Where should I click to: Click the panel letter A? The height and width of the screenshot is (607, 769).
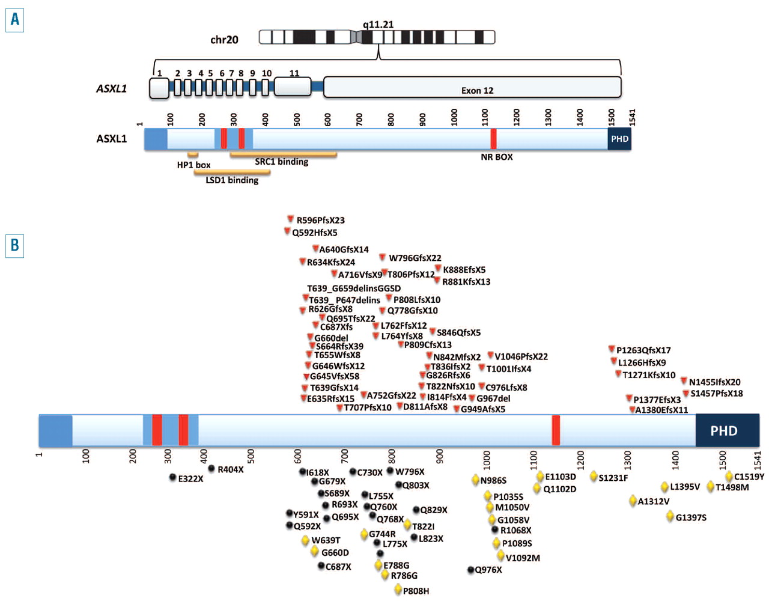point(14,20)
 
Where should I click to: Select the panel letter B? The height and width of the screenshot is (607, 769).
point(14,246)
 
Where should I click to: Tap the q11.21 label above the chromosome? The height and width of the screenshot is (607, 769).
point(378,25)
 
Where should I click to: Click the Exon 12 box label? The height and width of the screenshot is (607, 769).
point(477,91)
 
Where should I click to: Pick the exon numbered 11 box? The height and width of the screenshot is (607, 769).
point(293,87)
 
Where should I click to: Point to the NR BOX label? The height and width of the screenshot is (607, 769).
point(496,157)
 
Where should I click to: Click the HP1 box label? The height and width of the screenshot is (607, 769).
point(193,165)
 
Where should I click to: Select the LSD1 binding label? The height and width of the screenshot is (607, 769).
point(232,180)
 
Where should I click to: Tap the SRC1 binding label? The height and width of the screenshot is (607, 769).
point(281,162)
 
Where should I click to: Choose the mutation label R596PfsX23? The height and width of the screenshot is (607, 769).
point(320,221)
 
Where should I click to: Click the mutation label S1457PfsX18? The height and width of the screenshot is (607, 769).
point(716,394)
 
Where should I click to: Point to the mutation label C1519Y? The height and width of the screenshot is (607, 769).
point(749,477)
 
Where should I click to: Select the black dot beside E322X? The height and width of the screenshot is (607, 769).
point(173,478)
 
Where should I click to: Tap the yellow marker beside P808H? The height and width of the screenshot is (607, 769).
point(398,590)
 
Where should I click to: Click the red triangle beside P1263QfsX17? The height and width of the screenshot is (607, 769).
point(612,349)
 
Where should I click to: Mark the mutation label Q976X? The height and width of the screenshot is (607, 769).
point(488,570)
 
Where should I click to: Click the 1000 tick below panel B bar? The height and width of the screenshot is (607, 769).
point(487,460)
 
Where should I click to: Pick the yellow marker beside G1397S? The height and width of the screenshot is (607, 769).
point(670,516)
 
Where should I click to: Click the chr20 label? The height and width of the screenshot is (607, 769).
point(224,40)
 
